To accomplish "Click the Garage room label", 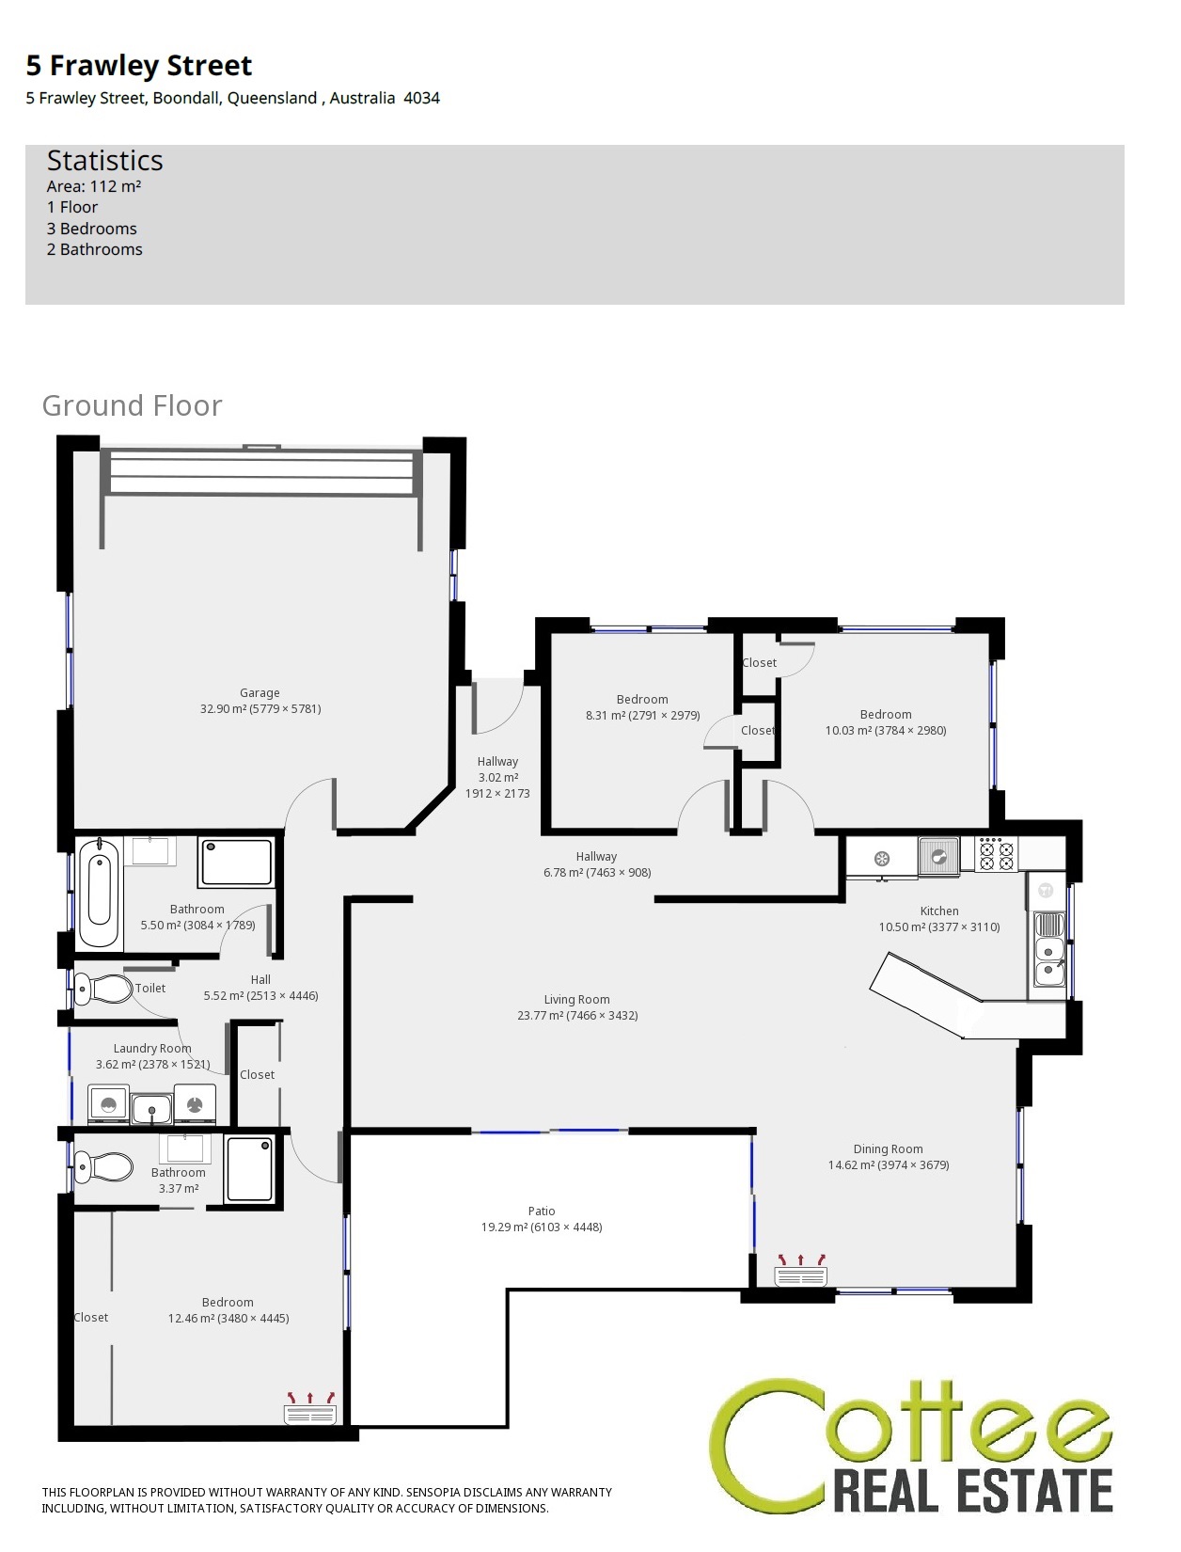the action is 260,693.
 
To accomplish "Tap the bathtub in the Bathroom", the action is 99,893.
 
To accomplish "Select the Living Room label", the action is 576,999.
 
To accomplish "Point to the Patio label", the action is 542,1211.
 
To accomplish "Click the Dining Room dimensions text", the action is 889,1164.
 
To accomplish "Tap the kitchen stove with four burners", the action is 997,853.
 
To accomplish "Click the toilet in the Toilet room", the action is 102,989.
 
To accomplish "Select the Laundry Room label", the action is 152,1048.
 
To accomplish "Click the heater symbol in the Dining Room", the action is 801,1270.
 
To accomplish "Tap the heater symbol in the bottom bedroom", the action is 310,1408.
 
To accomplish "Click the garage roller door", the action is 260,470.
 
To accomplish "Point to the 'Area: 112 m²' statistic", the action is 94,186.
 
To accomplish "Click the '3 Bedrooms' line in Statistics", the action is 92,229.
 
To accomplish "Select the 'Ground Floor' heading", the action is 133,405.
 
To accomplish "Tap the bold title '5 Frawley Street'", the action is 139,66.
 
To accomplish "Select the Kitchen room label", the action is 939,911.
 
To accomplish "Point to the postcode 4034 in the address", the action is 422,98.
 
